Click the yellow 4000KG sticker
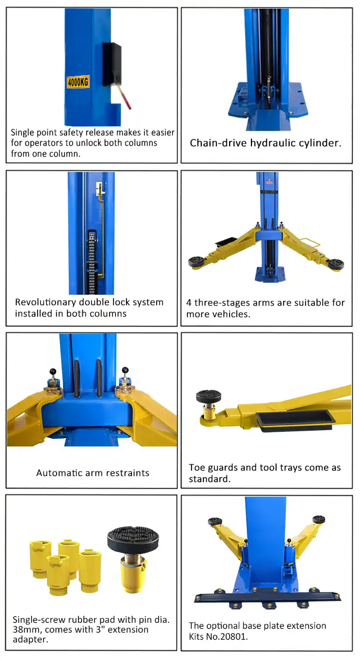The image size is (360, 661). click(77, 82)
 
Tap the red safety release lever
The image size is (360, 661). click(124, 97)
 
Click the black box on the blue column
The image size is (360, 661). click(112, 64)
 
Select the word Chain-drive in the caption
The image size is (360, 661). click(218, 143)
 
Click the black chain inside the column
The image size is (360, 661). click(92, 263)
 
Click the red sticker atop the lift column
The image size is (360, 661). click(269, 183)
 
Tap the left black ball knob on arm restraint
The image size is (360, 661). click(53, 371)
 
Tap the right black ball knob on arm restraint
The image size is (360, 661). click(125, 370)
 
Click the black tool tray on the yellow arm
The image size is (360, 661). click(296, 422)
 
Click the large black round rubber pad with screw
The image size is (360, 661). click(133, 540)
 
